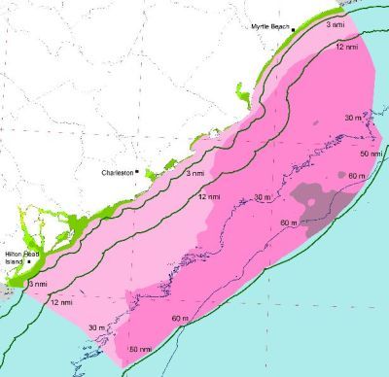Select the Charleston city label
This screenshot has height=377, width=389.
tap(118, 173)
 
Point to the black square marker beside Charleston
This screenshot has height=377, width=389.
tap(138, 173)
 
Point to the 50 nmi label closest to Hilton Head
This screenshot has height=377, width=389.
tap(138, 348)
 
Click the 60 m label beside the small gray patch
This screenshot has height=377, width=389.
tap(356, 175)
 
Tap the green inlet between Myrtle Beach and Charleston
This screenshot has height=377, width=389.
tap(241, 95)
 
